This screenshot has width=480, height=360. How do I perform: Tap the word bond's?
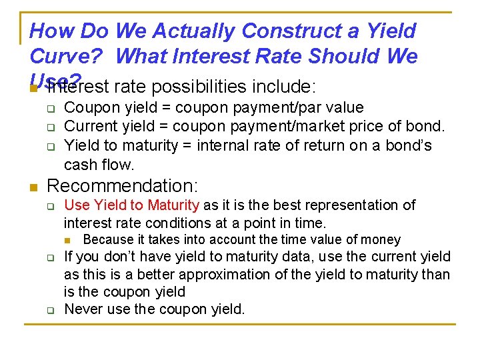pos(407,145)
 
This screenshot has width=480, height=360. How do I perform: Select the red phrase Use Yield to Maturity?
pos(131,205)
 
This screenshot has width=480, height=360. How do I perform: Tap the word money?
pos(380,239)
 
